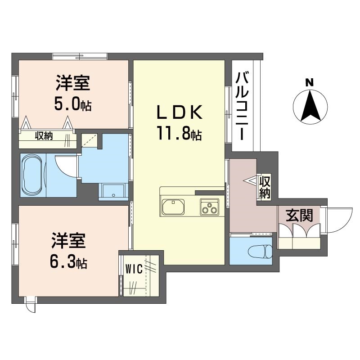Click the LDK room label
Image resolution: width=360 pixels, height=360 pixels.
179,112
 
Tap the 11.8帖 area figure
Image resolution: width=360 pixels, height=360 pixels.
179,133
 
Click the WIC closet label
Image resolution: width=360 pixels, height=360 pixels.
134,269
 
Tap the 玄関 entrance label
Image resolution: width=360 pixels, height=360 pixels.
299,216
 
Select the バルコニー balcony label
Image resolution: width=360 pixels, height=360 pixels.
243,106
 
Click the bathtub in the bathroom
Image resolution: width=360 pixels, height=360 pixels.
33,175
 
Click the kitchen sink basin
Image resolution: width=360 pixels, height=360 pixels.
173,207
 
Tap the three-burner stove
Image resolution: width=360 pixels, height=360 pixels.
209,207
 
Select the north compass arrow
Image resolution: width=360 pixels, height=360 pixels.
310,106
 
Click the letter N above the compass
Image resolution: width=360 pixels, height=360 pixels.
310,83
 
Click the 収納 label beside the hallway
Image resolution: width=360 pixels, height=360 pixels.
265,187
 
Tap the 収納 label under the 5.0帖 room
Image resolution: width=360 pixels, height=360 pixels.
44,136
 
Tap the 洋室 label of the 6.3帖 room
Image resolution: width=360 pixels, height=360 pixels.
69,241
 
